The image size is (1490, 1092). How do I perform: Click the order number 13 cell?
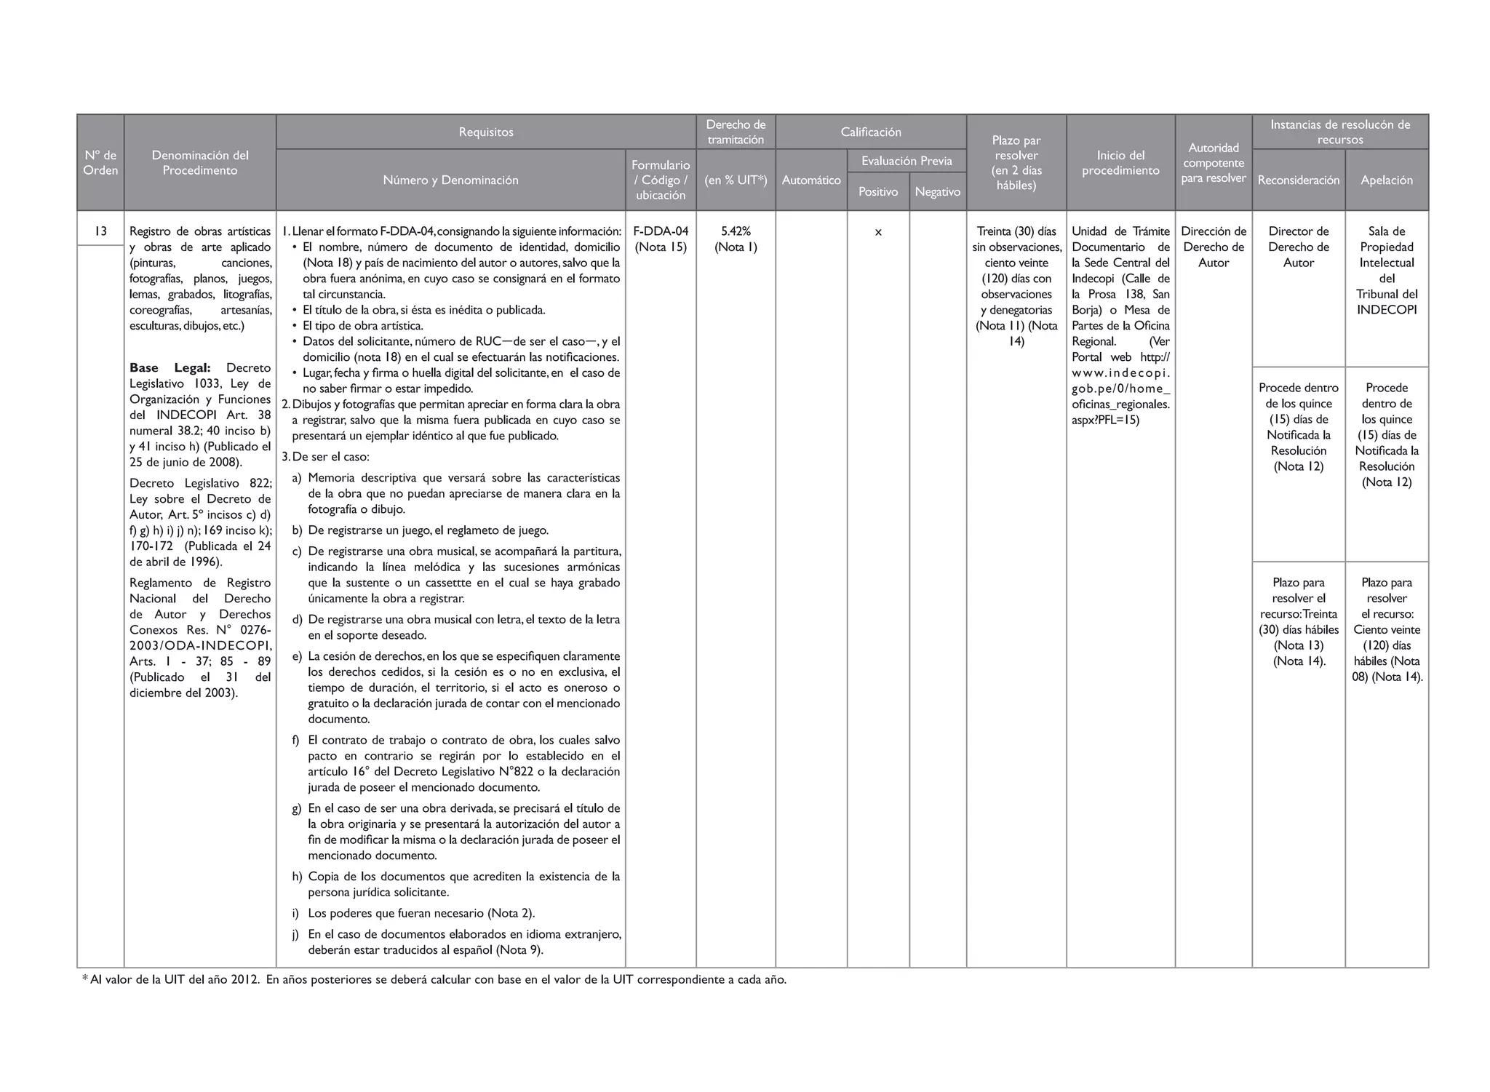pyautogui.click(x=100, y=231)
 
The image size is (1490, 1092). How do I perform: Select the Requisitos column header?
pyautogui.click(x=486, y=132)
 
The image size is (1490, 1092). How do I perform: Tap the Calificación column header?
pyautogui.click(x=871, y=132)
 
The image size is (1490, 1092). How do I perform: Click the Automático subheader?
pyautogui.click(x=811, y=180)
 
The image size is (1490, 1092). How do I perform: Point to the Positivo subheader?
pyautogui.click(x=878, y=192)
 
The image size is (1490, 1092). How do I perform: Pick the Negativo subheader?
pyautogui.click(x=938, y=192)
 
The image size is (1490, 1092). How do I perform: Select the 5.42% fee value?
pyautogui.click(x=736, y=231)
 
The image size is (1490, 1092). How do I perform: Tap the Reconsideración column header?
pyautogui.click(x=1299, y=180)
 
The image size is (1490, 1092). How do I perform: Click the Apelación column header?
pyautogui.click(x=1387, y=180)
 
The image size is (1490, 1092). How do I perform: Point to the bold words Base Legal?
pyautogui.click(x=170, y=368)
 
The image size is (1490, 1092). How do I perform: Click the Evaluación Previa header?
pyautogui.click(x=907, y=162)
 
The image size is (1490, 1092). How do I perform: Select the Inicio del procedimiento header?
pyautogui.click(x=1120, y=163)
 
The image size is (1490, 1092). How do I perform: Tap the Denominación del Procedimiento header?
pyautogui.click(x=200, y=163)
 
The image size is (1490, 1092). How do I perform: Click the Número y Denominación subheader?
pyautogui.click(x=451, y=180)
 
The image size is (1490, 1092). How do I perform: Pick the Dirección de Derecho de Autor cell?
pyautogui.click(x=1214, y=247)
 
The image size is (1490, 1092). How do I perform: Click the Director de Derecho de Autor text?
pyautogui.click(x=1299, y=247)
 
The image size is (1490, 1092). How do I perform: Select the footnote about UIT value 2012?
pyautogui.click(x=434, y=980)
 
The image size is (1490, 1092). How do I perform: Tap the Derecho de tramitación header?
pyautogui.click(x=736, y=132)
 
